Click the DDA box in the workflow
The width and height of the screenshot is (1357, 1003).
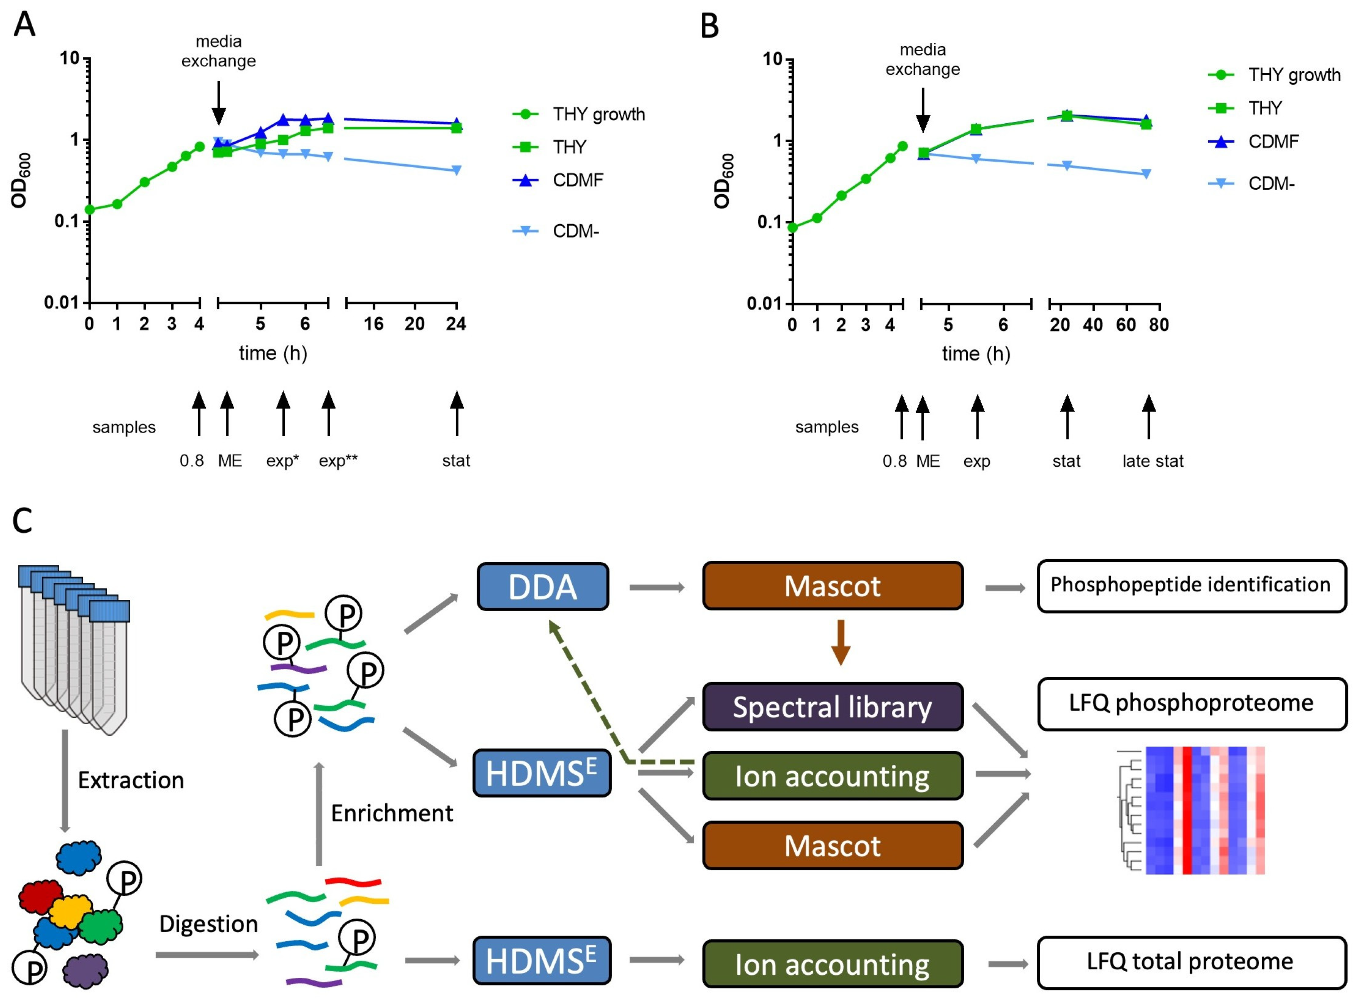click(542, 586)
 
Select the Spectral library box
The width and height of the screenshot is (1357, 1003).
click(832, 707)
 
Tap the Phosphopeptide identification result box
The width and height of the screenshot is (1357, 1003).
click(1191, 585)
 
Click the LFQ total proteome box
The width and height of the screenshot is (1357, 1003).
click(1191, 962)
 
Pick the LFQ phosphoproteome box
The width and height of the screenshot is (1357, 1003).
click(1191, 703)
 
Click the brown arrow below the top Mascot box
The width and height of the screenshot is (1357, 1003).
click(840, 643)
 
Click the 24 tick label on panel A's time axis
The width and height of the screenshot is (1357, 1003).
click(456, 324)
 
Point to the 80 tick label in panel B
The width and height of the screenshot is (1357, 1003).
click(1158, 325)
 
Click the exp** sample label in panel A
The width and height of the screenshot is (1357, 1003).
click(338, 461)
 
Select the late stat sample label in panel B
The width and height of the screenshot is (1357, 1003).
click(1153, 461)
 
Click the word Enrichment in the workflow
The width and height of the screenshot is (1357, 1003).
click(391, 813)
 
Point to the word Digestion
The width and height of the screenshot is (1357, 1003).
click(208, 924)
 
